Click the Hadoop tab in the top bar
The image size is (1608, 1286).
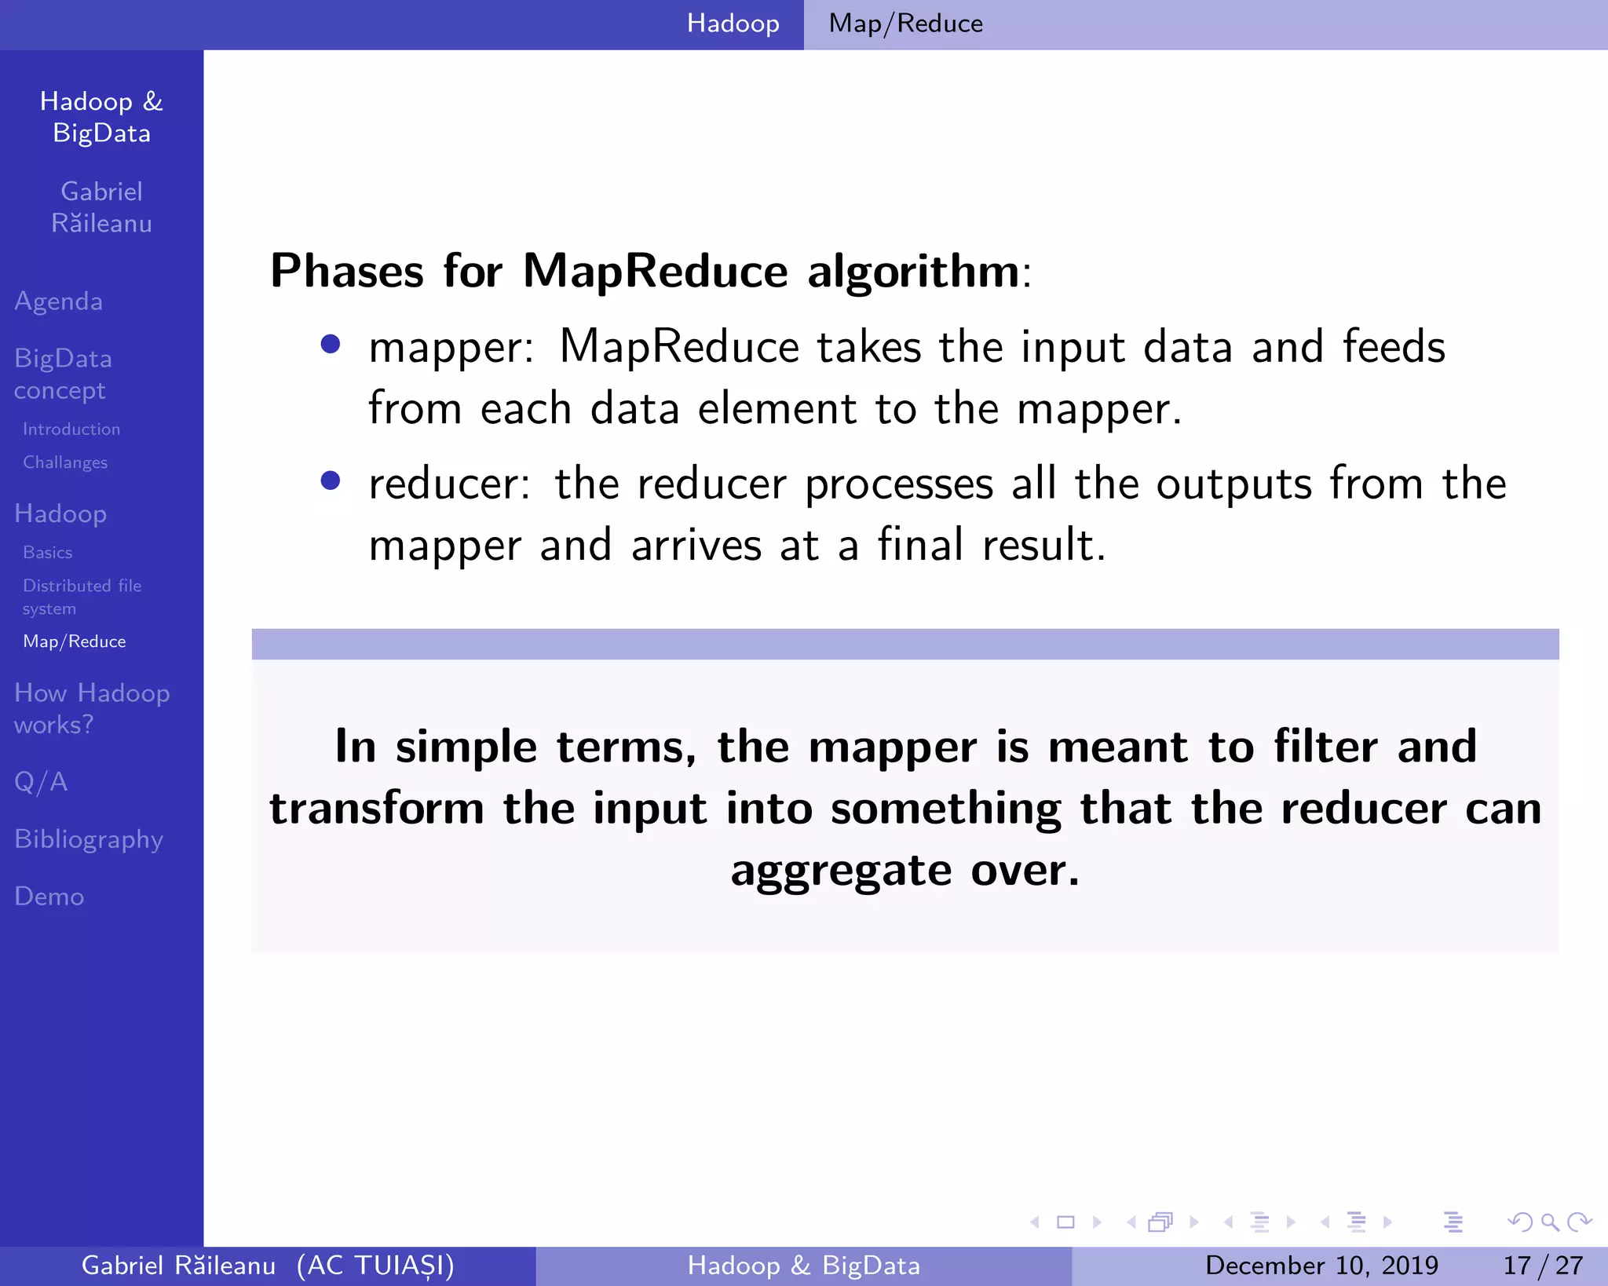733,24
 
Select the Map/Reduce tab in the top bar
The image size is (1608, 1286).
905,24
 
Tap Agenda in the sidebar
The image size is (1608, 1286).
59,301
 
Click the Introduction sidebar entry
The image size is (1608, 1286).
71,429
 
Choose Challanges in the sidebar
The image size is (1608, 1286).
65,462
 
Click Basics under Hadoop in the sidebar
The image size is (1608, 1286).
48,553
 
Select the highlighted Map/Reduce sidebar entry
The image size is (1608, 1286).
75,641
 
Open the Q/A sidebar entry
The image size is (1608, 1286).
41,782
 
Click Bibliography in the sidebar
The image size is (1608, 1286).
89,839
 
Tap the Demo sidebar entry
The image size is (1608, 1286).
49,897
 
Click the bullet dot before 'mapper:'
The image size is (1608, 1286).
331,344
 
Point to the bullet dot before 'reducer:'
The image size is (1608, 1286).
331,480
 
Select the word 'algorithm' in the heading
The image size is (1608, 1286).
913,272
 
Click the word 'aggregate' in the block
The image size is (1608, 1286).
841,871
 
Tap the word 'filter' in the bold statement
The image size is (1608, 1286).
1325,746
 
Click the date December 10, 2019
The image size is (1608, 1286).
1321,1265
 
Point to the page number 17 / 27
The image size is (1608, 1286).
1543,1265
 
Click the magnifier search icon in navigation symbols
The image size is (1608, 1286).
1549,1222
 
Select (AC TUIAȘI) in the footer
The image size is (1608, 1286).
375,1265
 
